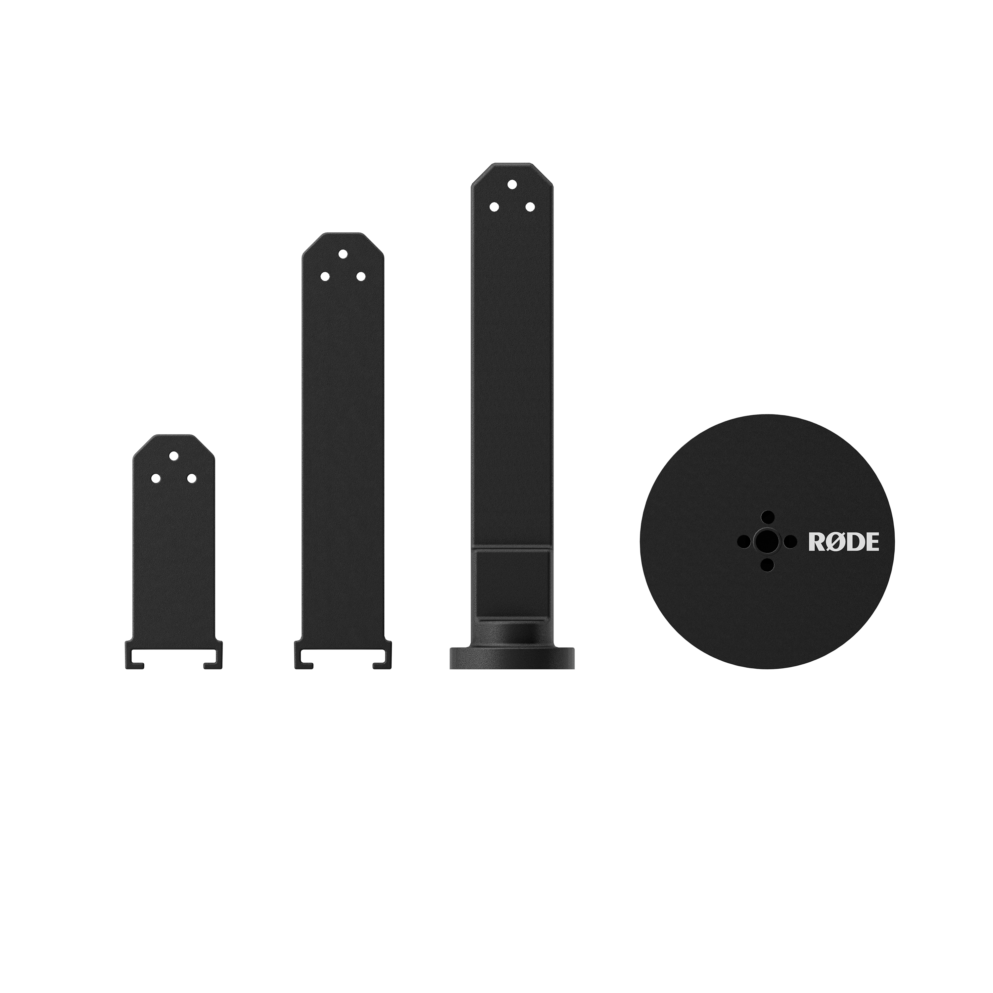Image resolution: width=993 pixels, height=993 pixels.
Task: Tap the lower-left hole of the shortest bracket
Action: point(155,478)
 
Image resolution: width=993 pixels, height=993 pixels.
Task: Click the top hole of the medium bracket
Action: point(343,254)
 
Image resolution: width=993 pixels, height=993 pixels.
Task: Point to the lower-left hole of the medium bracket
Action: point(325,276)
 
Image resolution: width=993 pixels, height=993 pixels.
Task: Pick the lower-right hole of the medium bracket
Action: point(361,276)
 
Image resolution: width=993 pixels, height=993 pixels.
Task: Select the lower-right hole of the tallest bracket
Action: point(530,207)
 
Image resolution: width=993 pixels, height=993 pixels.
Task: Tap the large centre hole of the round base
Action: point(768,541)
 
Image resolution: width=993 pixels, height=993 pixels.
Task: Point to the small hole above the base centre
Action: point(768,517)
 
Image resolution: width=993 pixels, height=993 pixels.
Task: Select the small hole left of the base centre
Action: point(744,541)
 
